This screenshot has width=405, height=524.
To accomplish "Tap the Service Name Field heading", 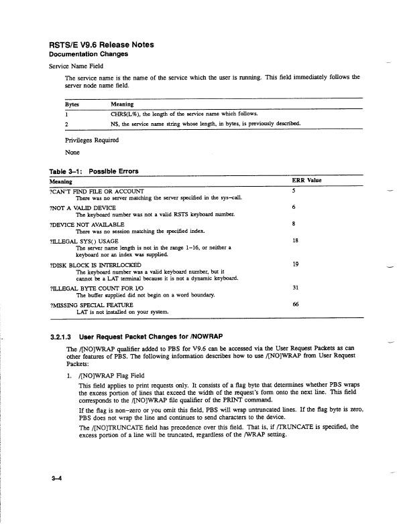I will tap(78, 66).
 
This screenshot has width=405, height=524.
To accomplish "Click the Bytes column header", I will tap(72, 104).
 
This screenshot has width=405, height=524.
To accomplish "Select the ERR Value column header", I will tap(307, 181).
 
